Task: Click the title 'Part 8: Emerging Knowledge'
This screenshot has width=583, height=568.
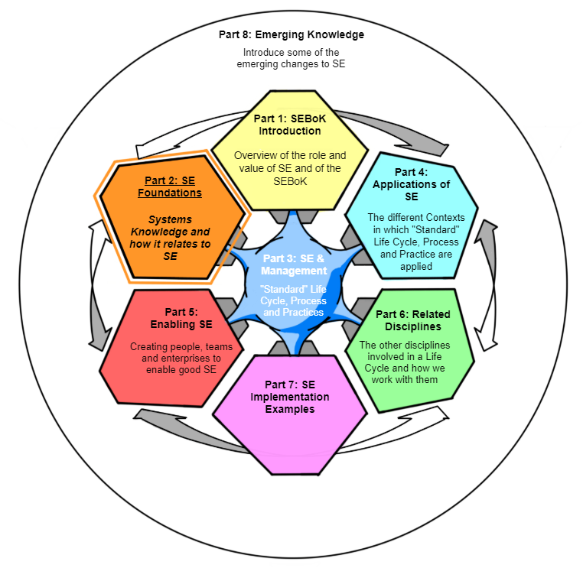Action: click(x=292, y=35)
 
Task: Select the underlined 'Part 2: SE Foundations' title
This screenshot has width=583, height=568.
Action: click(x=170, y=187)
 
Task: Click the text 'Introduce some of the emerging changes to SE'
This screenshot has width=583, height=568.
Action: click(x=291, y=58)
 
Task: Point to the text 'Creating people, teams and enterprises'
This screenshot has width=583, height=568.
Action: click(x=181, y=358)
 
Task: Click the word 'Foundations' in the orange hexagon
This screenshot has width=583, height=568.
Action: click(x=170, y=193)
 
